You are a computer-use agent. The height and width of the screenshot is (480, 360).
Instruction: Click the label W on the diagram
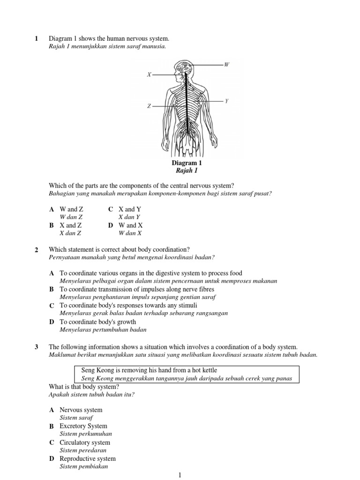[226, 64]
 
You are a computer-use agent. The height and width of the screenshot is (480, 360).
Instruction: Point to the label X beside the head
[149, 75]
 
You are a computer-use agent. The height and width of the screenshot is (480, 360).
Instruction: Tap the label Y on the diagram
[226, 101]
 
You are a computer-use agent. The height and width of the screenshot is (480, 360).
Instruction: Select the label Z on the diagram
[149, 106]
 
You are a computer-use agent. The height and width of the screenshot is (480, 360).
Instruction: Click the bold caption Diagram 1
[187, 163]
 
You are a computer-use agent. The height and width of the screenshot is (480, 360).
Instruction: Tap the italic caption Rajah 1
[187, 171]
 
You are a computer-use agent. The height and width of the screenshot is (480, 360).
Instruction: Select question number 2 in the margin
[37, 249]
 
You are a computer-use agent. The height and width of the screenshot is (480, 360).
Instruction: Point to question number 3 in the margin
[37, 347]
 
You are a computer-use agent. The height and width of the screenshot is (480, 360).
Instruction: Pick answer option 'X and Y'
[130, 210]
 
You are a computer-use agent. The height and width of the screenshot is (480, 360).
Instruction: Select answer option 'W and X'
[130, 225]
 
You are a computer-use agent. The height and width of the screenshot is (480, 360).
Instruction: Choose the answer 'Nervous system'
[81, 410]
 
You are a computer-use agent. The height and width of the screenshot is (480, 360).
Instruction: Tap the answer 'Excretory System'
[83, 426]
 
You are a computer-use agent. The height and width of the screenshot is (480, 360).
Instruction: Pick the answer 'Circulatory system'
[85, 442]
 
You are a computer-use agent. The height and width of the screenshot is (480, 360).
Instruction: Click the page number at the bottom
[180, 475]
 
